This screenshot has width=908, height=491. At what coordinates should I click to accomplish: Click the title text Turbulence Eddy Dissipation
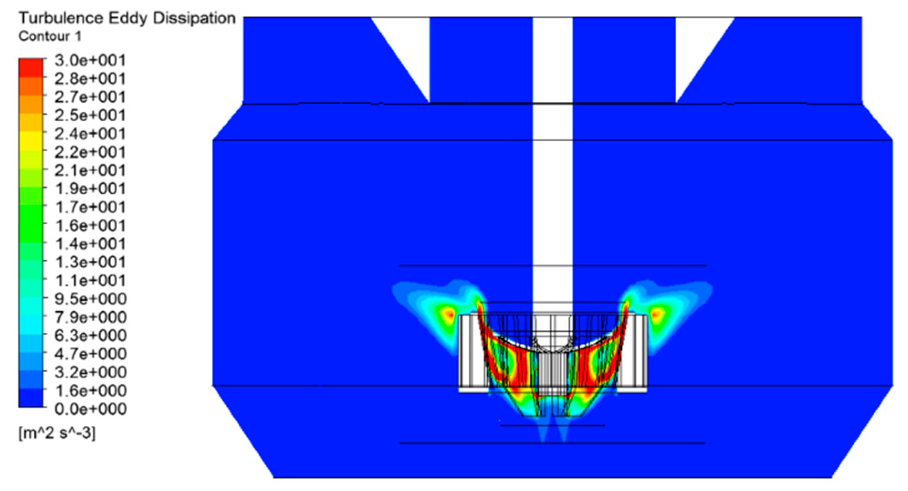coord(127,19)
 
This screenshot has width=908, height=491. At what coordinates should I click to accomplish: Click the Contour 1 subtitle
coord(50,36)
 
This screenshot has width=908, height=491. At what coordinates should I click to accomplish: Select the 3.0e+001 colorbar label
coord(90,60)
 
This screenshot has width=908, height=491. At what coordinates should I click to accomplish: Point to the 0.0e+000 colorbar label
coord(90,409)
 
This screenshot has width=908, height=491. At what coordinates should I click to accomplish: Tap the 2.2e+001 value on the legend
coord(90,152)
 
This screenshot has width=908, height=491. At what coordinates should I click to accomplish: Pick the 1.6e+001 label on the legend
coord(90,225)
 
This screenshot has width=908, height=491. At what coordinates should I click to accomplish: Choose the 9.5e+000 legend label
coord(90,299)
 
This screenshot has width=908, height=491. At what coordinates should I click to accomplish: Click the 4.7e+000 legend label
coord(90,354)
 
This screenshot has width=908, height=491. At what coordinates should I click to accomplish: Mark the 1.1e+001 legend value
coord(90,280)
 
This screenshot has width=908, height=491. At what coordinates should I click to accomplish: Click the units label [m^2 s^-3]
coord(57,433)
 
